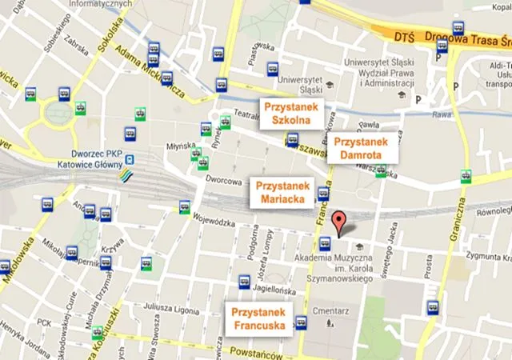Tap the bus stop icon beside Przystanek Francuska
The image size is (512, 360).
point(302,322)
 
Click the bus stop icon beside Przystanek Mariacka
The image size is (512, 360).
point(324,194)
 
